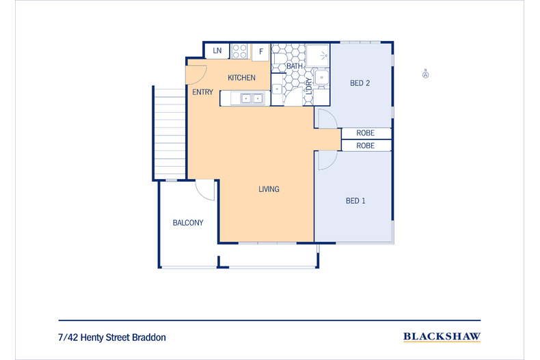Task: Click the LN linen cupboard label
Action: (x=217, y=51)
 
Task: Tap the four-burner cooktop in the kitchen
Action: (x=239, y=51)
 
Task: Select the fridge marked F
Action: (x=260, y=52)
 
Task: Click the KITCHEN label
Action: (x=241, y=78)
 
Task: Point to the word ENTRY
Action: (x=202, y=92)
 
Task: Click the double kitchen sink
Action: (x=252, y=98)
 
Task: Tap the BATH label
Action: (x=295, y=66)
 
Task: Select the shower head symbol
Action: (x=324, y=55)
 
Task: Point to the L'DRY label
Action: (x=308, y=86)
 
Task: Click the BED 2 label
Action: (x=360, y=83)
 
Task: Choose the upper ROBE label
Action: (x=366, y=133)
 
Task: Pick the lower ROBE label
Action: (x=366, y=146)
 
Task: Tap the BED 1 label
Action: (x=355, y=201)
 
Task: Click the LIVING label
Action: (x=269, y=189)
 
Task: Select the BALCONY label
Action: (x=188, y=223)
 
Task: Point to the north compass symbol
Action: (x=426, y=74)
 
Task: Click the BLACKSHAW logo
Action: (x=442, y=336)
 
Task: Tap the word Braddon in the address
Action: (x=149, y=337)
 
